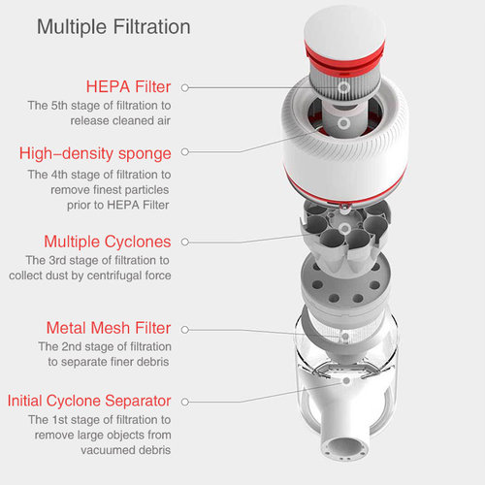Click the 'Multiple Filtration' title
coord(113,26)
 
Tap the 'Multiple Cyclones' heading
coord(107,241)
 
